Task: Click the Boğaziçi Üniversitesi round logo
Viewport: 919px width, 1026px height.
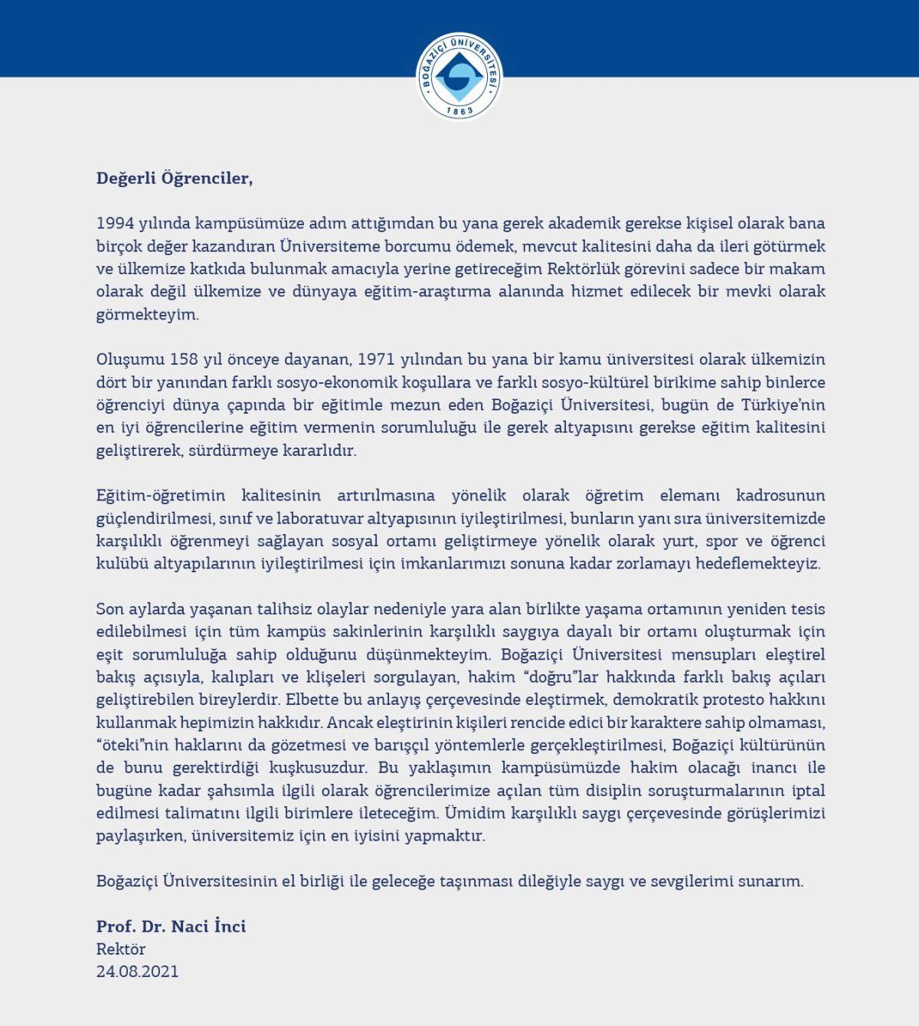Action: [x=459, y=76]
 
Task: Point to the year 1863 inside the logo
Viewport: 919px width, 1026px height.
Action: [x=459, y=110]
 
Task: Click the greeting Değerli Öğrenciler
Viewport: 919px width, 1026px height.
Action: [x=174, y=179]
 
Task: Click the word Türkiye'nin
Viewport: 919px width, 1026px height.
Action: [x=783, y=404]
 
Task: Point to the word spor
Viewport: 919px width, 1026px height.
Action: [x=721, y=540]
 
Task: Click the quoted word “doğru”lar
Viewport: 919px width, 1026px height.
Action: [x=549, y=677]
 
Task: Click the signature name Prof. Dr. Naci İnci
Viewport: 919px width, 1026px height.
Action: [x=171, y=926]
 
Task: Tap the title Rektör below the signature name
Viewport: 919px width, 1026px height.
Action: [x=121, y=949]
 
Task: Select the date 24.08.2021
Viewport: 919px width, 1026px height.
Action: [x=137, y=971]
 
